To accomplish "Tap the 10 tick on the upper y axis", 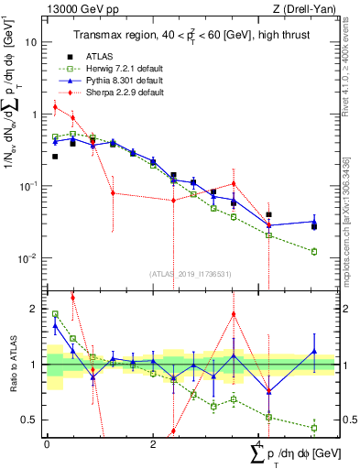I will (x=32, y=43).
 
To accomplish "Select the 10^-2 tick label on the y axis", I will (x=28, y=257).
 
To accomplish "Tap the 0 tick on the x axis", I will (x=47, y=442).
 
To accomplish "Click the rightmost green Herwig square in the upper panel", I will (x=314, y=251).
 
